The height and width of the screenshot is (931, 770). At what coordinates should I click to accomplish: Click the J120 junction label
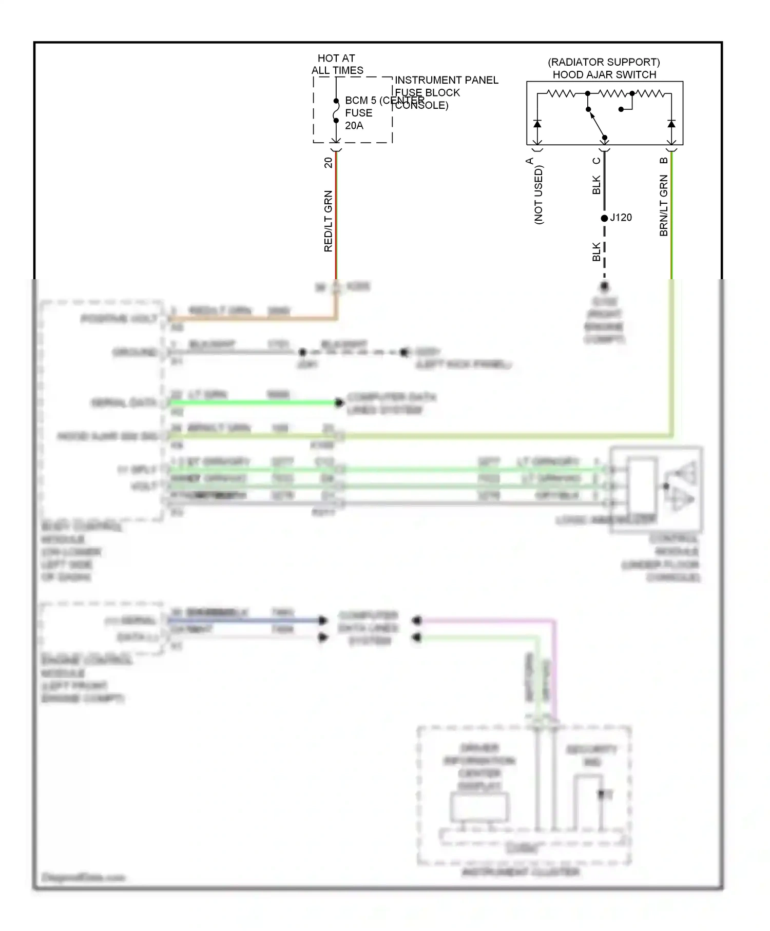pos(621,218)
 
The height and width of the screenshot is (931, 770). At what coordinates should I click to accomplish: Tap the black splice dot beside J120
pos(604,218)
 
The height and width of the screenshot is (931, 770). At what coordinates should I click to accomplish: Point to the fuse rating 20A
pos(354,126)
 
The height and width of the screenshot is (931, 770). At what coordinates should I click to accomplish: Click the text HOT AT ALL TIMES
pos(337,65)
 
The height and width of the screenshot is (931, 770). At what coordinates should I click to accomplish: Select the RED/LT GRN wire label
pos(328,221)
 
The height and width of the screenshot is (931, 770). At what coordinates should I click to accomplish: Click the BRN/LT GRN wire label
pos(663,205)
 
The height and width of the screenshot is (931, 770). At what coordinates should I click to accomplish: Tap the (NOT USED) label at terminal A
pos(538,195)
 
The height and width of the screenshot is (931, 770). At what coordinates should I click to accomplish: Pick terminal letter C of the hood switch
pos(596,161)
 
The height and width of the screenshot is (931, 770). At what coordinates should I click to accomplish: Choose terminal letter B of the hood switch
pos(663,161)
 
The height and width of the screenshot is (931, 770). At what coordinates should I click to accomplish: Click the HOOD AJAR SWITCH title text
pos(604,75)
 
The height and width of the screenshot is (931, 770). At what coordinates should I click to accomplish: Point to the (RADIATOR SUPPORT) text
pos(604,62)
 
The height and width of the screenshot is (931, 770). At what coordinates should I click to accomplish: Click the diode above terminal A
pos(537,124)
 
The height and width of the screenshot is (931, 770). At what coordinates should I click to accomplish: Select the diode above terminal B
pos(671,124)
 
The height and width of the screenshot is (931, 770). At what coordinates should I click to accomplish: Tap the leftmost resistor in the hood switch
pos(561,93)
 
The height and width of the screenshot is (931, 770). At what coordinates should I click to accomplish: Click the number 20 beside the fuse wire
pos(328,163)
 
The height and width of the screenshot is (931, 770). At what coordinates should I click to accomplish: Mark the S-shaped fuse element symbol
pos(336,111)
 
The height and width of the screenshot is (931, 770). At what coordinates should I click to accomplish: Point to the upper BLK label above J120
pos(596,185)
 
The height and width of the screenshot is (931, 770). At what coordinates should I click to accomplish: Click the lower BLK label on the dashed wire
pos(596,252)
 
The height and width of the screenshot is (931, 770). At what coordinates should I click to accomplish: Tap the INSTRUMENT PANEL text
pos(446,80)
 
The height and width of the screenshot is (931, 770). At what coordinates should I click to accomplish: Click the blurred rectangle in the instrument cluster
pos(479,807)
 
